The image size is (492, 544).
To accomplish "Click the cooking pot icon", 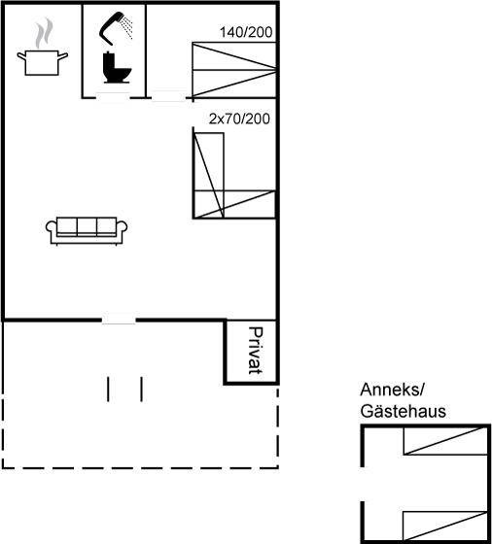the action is click(x=42, y=62).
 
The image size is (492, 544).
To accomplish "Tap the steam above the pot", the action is click(x=45, y=33).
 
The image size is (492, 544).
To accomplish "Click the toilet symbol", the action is click(x=117, y=68).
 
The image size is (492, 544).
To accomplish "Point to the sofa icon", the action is click(x=87, y=231).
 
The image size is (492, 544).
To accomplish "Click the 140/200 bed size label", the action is click(x=246, y=32).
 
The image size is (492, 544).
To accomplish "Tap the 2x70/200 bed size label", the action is click(x=239, y=119).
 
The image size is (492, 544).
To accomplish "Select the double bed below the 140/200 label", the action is click(x=234, y=69).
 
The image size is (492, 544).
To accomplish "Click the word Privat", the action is click(x=256, y=351).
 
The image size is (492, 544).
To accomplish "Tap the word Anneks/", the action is click(x=392, y=390).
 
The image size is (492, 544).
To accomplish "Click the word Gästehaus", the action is click(x=403, y=412).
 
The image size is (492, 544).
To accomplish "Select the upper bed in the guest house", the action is click(x=445, y=441).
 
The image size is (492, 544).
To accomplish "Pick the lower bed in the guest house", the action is click(x=445, y=525).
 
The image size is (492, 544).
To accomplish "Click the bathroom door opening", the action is click(x=113, y=97).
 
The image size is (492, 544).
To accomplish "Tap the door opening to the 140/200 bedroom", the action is click(x=168, y=96).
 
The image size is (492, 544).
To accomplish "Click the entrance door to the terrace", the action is click(x=119, y=320).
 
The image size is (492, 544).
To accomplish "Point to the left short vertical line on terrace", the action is click(x=108, y=390).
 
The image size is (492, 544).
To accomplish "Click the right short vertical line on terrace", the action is click(x=141, y=390).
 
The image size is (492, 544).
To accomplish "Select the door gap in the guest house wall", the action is click(x=363, y=484).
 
